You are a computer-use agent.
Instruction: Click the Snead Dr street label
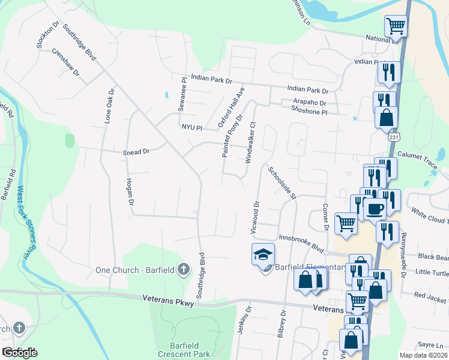pos(136,152)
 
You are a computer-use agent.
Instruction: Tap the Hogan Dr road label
pos(129,192)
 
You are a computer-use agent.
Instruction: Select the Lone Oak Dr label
pos(109,107)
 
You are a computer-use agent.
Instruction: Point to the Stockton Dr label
pos(48,35)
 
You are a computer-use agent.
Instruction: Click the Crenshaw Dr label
pos(65,61)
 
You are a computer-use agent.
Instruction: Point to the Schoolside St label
pos(283,183)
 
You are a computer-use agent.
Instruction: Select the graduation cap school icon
pos(262,255)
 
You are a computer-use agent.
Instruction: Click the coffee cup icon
pos(375,209)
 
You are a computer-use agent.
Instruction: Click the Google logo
pos(19,352)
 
